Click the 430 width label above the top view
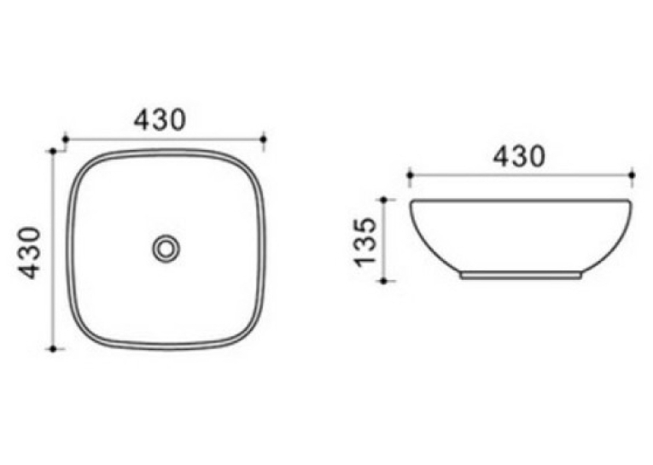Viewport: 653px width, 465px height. (160, 119)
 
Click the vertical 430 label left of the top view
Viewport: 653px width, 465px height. (30, 253)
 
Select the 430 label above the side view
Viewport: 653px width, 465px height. (519, 156)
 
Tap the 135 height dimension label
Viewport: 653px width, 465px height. (365, 241)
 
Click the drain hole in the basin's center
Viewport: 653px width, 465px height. (166, 249)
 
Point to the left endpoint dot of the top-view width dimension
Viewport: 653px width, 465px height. (66, 139)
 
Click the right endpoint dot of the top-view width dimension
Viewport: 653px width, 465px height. (263, 139)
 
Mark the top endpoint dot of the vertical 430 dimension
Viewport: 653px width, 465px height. (53, 151)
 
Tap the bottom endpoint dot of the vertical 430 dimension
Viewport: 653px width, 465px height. (53, 349)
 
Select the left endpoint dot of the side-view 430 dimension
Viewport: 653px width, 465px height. (410, 175)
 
